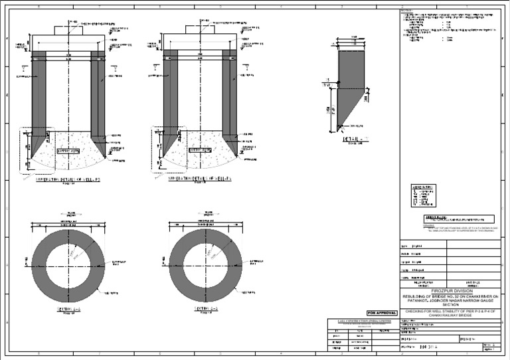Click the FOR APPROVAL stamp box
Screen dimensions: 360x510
pyautogui.click(x=382, y=312)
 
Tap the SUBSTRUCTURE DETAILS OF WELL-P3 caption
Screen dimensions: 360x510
pyautogui.click(x=68, y=180)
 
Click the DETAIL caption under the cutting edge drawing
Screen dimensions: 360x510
pyautogui.click(x=355, y=139)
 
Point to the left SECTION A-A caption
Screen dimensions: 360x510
pyautogui.click(x=68, y=310)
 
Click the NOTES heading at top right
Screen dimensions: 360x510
pyautogui.click(x=407, y=11)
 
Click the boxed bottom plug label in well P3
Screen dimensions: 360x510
pyautogui.click(x=69, y=151)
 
